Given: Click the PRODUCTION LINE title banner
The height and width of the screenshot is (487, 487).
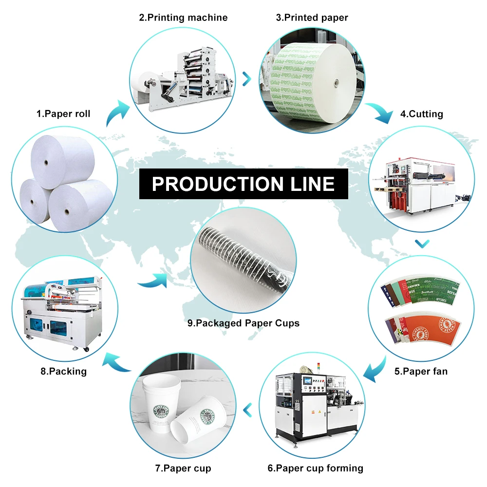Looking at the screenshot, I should pos(243,184).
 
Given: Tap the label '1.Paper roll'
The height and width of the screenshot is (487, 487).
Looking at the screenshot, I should pos(63,114).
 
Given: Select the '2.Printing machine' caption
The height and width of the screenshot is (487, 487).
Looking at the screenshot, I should pos(183,18).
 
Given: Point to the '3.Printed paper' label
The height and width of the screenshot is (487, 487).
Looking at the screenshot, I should pos(312,18).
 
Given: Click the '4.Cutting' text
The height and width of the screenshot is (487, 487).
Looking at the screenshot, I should pos(422,114).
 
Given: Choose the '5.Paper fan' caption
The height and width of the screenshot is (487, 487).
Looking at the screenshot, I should pos(421,371).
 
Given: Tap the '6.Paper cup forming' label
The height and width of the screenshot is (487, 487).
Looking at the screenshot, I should pos(316,468).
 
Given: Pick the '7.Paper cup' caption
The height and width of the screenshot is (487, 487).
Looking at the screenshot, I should pos(183,468).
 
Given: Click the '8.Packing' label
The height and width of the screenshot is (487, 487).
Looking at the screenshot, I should pos(63,371).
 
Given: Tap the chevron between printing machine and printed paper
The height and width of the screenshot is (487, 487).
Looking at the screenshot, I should pos(246,77).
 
